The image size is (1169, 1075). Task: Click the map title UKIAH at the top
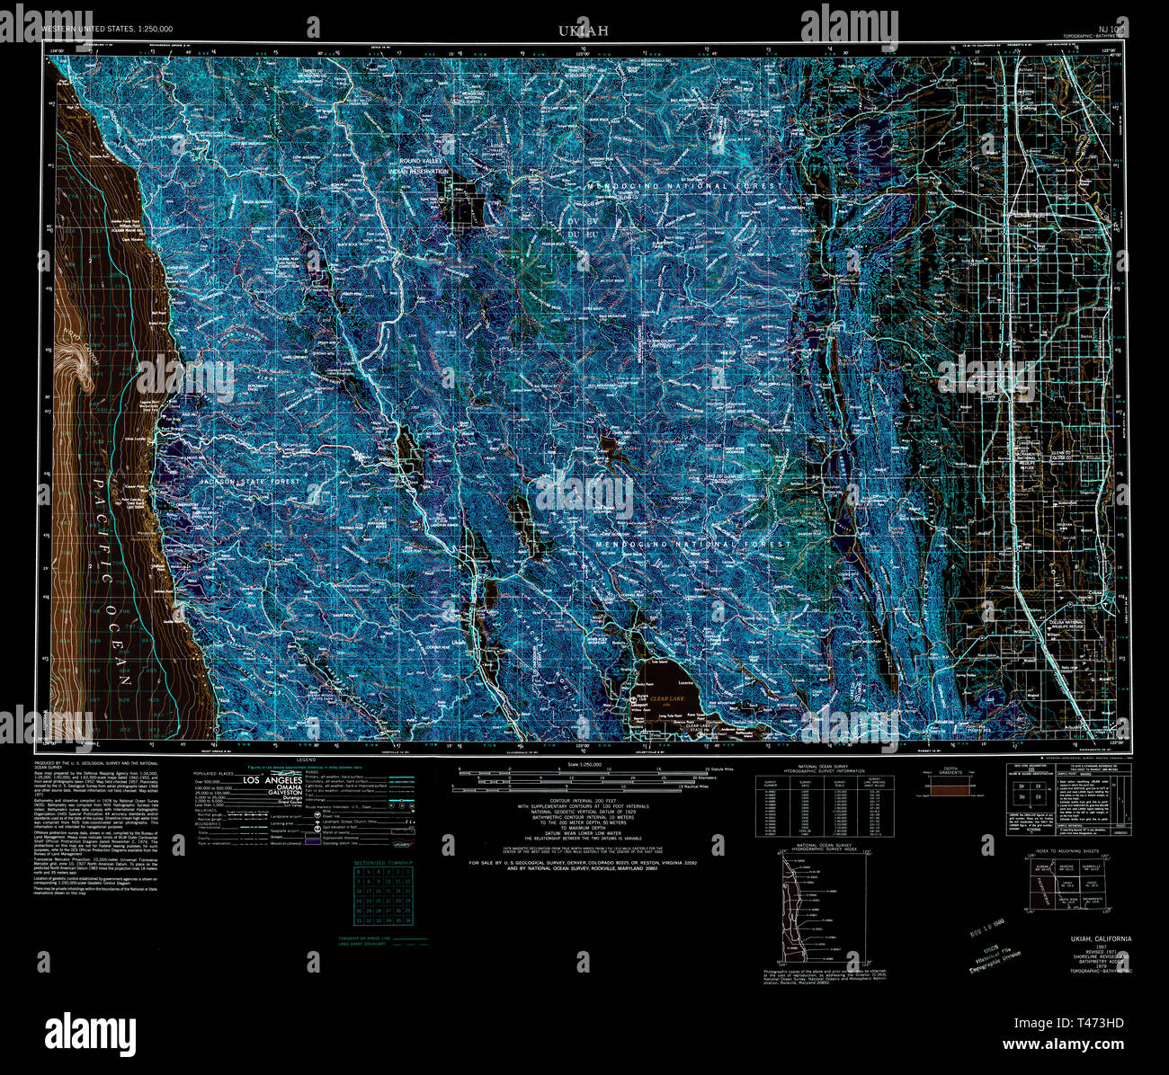[x=584, y=31]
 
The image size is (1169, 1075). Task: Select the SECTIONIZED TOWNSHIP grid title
[x=384, y=863]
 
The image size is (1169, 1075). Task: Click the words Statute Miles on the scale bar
[x=721, y=770]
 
